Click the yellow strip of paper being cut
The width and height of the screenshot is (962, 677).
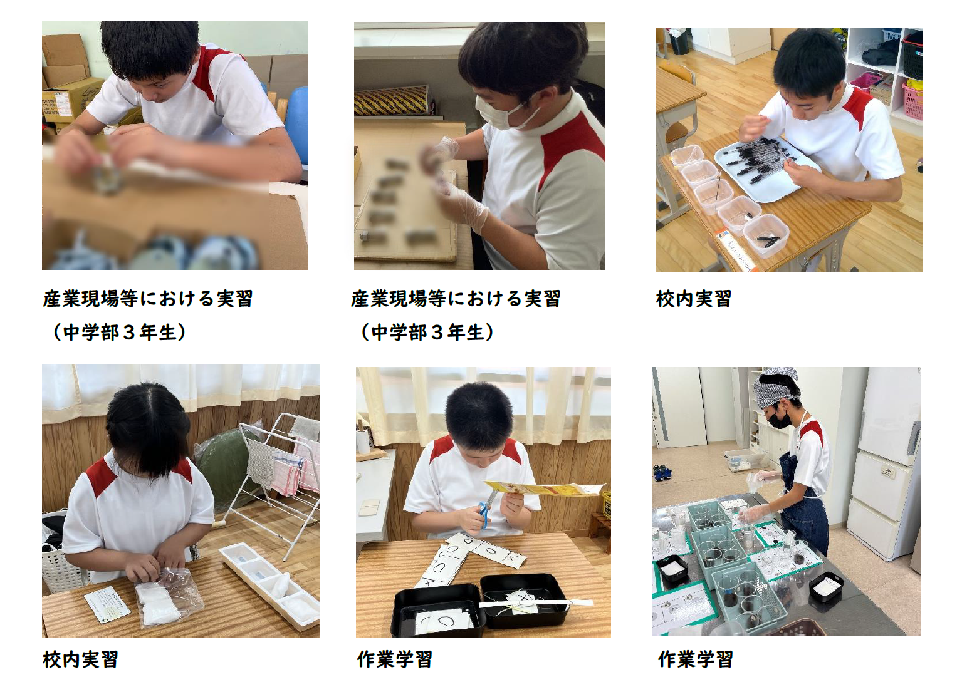click(x=544, y=489)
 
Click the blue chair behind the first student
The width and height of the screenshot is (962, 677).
click(x=296, y=125)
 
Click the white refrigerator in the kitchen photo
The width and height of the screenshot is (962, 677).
click(x=882, y=463)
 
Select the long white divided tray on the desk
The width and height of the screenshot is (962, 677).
click(x=271, y=583)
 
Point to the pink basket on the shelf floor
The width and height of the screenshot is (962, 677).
click(x=912, y=101)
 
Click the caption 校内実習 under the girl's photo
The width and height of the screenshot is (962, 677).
click(x=80, y=659)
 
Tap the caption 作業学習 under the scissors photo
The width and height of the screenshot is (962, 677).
click(x=394, y=659)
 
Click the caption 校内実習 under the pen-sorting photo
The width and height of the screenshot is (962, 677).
click(x=694, y=298)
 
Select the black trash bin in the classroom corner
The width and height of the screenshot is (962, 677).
click(x=679, y=41)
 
